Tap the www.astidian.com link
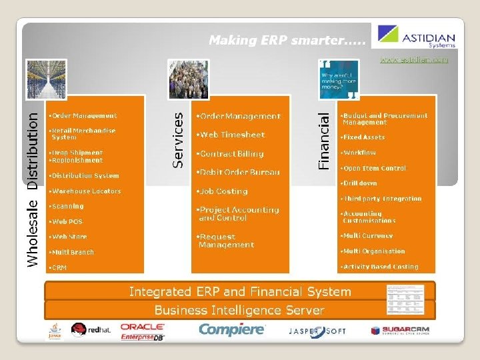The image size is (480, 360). [x=413, y=60]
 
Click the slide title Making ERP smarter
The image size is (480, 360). [x=287, y=40]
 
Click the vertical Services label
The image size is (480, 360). [x=178, y=139]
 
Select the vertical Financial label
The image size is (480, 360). [x=324, y=140]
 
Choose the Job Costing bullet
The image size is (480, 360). [x=222, y=191]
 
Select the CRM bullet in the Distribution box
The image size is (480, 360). [x=58, y=267]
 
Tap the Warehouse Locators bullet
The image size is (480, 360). [x=85, y=191]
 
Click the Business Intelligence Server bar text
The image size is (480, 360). [x=239, y=310]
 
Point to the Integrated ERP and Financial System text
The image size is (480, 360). [x=239, y=291]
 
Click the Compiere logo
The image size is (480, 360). [x=231, y=330]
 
